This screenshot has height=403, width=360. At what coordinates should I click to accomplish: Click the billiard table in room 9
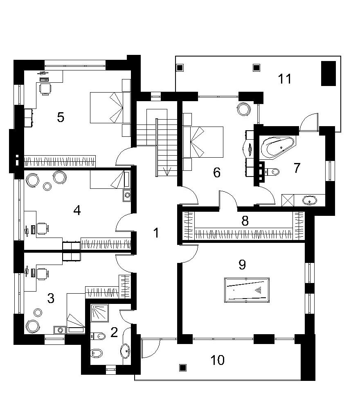point(247,290)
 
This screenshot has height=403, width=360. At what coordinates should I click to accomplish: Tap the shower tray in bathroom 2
point(100,313)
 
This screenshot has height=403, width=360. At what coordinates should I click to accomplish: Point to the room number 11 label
point(285,79)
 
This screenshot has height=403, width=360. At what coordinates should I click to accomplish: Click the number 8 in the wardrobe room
point(245,221)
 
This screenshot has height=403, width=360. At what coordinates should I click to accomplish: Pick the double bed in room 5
point(106,107)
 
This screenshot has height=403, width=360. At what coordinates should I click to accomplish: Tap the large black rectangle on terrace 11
point(328,73)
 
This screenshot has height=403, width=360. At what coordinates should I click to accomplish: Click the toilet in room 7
point(271,171)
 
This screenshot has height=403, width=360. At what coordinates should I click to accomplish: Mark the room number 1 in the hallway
point(156,233)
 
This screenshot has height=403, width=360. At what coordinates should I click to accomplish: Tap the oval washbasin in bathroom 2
point(126,351)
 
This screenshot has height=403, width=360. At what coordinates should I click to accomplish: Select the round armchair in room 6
point(243,109)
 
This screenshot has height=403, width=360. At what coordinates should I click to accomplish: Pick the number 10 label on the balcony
point(218,360)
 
